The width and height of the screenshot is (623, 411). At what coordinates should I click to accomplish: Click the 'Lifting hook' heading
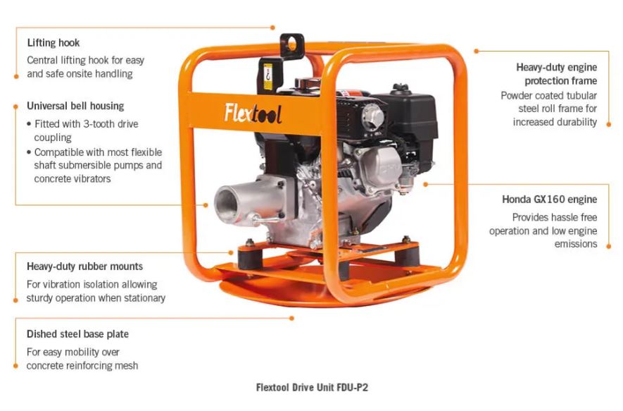[x=54, y=43]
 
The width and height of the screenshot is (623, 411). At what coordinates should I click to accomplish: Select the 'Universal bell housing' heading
[x=75, y=106]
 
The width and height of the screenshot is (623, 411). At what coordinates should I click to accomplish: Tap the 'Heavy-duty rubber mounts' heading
[x=84, y=266]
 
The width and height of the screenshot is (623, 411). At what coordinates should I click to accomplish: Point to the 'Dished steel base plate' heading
[x=77, y=334]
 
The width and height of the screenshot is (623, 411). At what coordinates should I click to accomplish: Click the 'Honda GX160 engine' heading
[x=550, y=200]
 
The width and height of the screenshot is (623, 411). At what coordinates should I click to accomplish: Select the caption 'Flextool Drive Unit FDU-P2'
[x=312, y=387]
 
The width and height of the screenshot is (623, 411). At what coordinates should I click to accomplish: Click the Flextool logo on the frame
[x=253, y=114]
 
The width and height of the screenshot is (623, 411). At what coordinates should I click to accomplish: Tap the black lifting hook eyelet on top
[x=292, y=45]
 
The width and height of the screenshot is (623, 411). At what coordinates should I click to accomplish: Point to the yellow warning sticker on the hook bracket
[x=268, y=77]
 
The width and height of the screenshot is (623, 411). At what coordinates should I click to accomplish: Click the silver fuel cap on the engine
[x=372, y=116]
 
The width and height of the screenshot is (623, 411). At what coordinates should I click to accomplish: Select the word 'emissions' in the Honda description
[x=576, y=244]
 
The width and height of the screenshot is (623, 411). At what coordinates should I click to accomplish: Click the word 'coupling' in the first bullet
[x=53, y=137]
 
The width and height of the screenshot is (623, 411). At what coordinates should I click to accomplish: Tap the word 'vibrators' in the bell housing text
[x=92, y=178]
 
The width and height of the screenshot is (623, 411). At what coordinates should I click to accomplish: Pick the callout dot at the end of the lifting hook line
[x=272, y=27]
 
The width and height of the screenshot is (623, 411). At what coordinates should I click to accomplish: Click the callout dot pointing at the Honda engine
[x=425, y=184]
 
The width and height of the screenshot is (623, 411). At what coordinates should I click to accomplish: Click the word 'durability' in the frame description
[x=575, y=122]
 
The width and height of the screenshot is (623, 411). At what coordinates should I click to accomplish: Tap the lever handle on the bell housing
[x=265, y=220]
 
